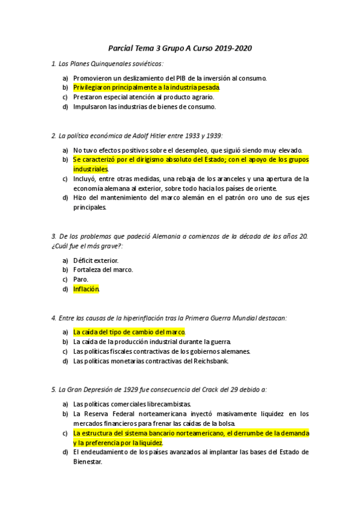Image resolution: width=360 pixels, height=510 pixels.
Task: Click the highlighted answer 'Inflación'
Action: click(86, 289)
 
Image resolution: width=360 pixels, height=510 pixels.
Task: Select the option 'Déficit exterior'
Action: click(96, 260)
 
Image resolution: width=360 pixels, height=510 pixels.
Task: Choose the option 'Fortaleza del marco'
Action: click(103, 269)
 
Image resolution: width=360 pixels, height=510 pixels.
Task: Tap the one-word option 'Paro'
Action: click(81, 279)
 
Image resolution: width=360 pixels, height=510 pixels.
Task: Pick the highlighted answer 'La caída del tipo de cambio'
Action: click(129, 332)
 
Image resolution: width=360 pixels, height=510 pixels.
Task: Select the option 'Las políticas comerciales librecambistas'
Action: click(132, 404)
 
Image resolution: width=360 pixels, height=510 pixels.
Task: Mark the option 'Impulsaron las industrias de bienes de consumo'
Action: click(144, 106)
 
